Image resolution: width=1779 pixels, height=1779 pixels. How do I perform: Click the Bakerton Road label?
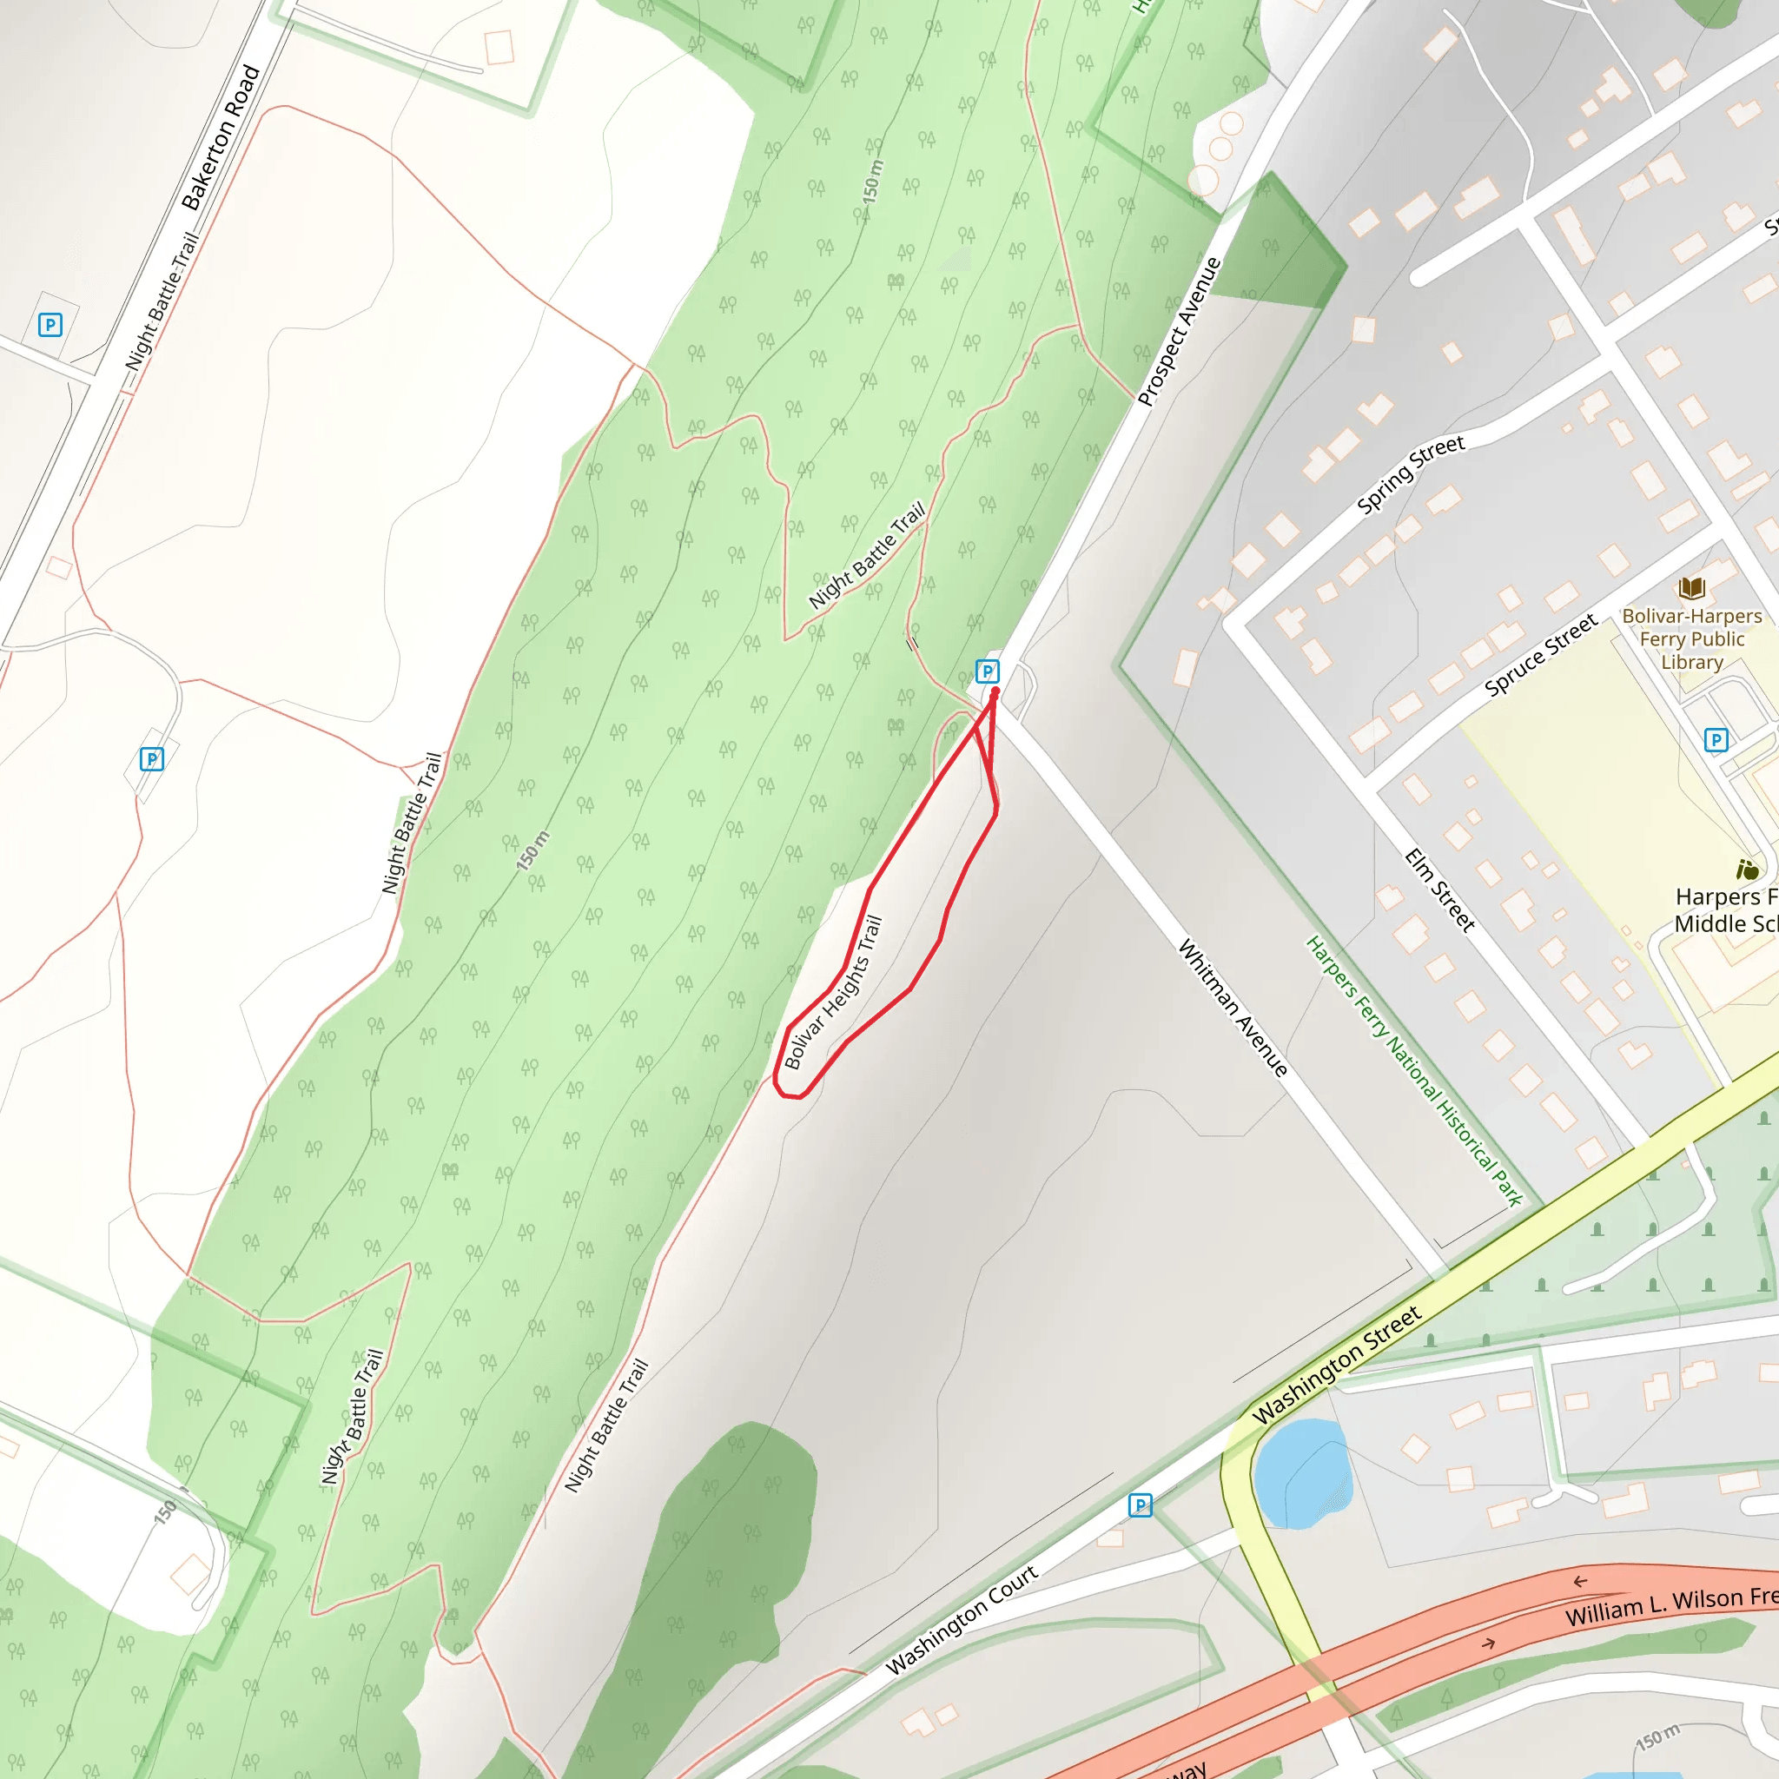(221, 138)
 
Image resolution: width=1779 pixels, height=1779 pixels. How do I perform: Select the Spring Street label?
(1410, 475)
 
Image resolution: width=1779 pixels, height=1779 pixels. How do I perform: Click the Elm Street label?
(1439, 890)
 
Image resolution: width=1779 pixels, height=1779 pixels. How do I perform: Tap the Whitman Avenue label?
(1233, 1009)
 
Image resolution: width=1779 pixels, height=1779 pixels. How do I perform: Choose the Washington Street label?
(1337, 1365)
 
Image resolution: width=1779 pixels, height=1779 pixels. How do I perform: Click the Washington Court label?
(962, 1620)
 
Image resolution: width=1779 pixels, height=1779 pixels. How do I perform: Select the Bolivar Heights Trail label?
(833, 993)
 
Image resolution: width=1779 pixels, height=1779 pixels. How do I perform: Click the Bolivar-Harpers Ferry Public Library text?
(1691, 639)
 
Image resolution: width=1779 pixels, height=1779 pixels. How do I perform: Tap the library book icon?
(1691, 587)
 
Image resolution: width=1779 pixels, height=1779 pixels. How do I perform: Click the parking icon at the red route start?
(987, 671)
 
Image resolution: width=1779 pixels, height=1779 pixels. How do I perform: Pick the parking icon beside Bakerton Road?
(50, 324)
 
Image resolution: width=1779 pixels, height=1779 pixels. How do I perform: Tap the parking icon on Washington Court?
(1140, 1505)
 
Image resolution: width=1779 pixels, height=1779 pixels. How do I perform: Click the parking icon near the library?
(1716, 739)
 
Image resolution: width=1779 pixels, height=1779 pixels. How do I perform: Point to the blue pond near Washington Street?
(1300, 1473)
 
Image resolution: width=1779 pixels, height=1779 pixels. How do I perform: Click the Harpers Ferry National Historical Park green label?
(1414, 1071)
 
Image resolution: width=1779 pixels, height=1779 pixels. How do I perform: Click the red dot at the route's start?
(995, 691)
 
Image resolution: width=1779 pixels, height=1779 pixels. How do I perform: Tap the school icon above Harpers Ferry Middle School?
(1747, 870)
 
